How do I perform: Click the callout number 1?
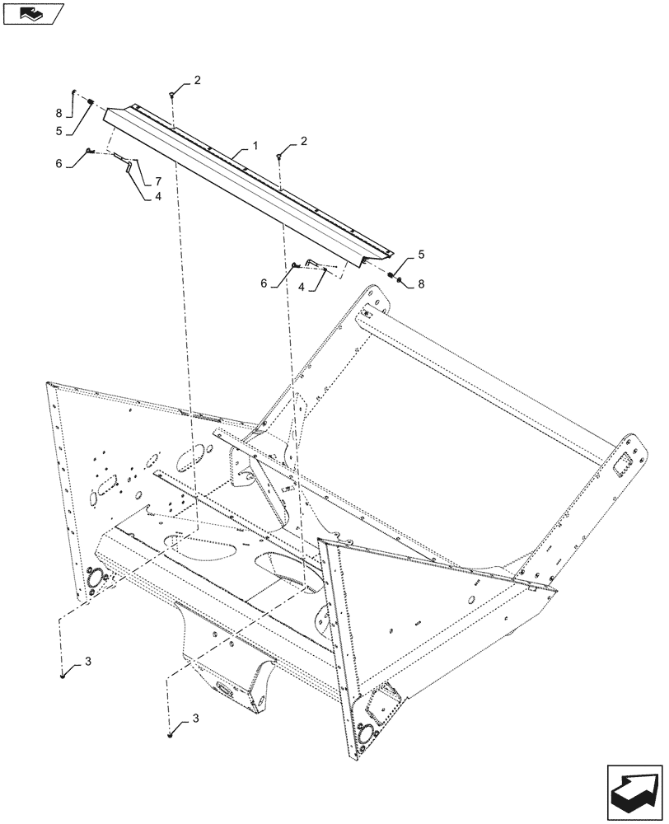click(255, 145)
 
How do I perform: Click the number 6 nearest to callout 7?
click(59, 164)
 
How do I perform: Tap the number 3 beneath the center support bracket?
click(196, 719)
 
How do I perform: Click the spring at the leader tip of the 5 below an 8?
click(91, 103)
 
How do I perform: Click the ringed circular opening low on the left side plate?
click(93, 579)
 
